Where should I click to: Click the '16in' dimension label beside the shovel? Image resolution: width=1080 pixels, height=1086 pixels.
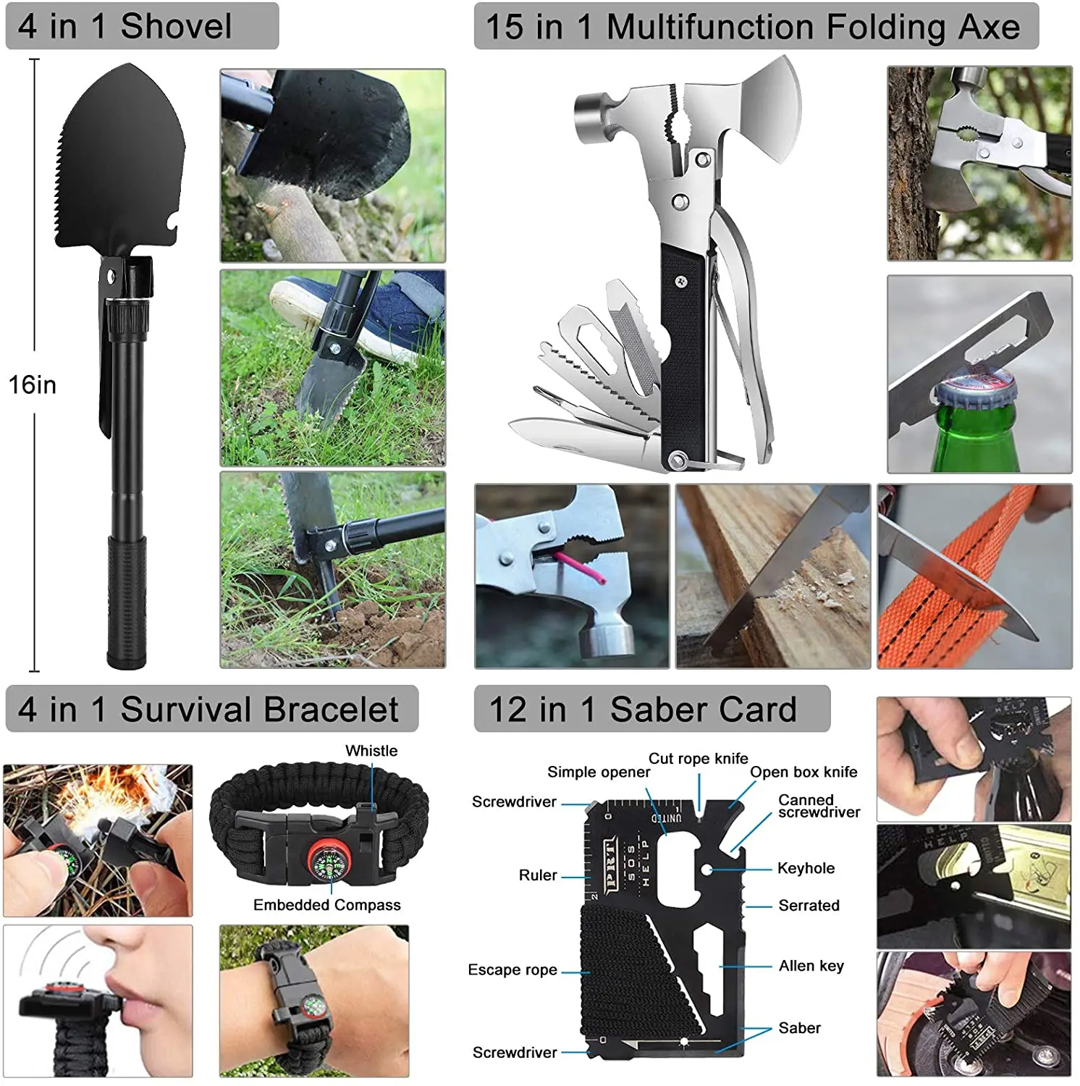tap(33, 384)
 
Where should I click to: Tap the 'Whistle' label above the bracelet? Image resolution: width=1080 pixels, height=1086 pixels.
tap(371, 751)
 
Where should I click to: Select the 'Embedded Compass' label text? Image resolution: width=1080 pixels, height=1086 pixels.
tap(326, 905)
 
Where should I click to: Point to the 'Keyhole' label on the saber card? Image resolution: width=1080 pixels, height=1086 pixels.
tap(806, 868)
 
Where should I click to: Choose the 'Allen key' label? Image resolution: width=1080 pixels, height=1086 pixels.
tap(811, 966)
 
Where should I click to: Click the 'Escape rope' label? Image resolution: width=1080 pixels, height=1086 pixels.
tap(512, 969)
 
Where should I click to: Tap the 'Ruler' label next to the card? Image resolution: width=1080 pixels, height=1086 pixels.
tap(538, 875)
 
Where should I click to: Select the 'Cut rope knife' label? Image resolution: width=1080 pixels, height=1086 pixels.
tap(698, 759)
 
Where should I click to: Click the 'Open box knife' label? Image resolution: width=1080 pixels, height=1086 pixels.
tap(803, 773)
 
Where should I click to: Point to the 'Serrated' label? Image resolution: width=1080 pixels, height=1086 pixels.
tap(809, 906)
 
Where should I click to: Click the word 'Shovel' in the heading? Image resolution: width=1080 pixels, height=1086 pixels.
tap(176, 27)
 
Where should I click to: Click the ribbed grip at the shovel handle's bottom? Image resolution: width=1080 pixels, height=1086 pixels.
tap(127, 601)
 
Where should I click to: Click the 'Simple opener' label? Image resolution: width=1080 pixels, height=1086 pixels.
tap(598, 773)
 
